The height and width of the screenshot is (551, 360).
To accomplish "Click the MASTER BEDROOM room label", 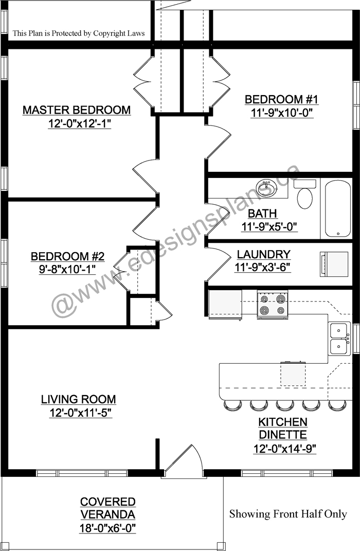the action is [77, 110].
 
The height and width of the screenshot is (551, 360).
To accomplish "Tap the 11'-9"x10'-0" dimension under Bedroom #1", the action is [281, 113].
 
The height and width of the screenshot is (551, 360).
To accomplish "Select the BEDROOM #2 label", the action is [67, 256].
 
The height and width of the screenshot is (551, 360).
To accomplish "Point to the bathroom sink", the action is [266, 188].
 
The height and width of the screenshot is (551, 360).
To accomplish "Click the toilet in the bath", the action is [304, 193].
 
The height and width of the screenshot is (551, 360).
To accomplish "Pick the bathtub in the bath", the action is [337, 209].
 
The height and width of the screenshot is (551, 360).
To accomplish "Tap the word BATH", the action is [262, 214].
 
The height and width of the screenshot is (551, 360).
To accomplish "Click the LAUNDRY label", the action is [263, 254].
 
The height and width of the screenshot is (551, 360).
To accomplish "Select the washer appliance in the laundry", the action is [333, 264].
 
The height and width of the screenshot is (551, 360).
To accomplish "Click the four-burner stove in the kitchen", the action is [272, 305].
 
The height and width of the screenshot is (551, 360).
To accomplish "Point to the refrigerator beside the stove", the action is [225, 305].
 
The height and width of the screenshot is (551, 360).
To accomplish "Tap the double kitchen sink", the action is [339, 339].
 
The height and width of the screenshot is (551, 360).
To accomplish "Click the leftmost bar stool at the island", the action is [232, 405].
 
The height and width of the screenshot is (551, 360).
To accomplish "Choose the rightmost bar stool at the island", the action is [337, 405].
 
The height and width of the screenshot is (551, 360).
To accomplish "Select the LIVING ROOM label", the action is [78, 399].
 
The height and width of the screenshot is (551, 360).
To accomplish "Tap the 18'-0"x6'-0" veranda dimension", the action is [107, 528].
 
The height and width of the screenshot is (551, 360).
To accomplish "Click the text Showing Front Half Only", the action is [288, 514].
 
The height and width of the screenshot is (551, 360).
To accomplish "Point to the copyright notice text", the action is [79, 33].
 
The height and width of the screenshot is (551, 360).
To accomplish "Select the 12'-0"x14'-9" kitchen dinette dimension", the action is [284, 449].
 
